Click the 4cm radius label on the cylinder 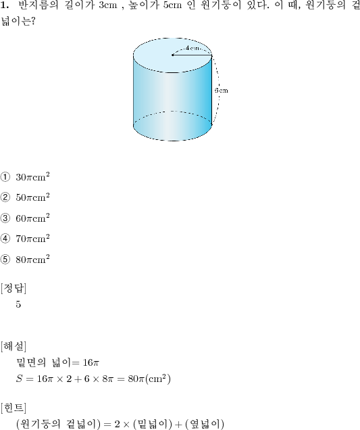click(192, 48)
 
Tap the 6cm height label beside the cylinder click(222, 91)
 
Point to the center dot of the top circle click(173, 55)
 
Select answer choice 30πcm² click(32, 177)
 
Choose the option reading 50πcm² click(32, 197)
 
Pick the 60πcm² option click(32, 218)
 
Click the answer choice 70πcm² click(32, 238)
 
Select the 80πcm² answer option click(32, 259)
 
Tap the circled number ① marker click(5, 177)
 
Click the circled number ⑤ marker click(5, 260)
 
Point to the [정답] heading click(14, 288)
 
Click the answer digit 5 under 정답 click(18, 304)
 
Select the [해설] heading click(14, 347)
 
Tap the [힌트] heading click(14, 408)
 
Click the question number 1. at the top click(5, 5)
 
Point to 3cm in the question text click(108, 5)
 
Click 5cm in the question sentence click(172, 5)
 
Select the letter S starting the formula click(19, 379)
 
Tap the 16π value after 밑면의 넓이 click(91, 363)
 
